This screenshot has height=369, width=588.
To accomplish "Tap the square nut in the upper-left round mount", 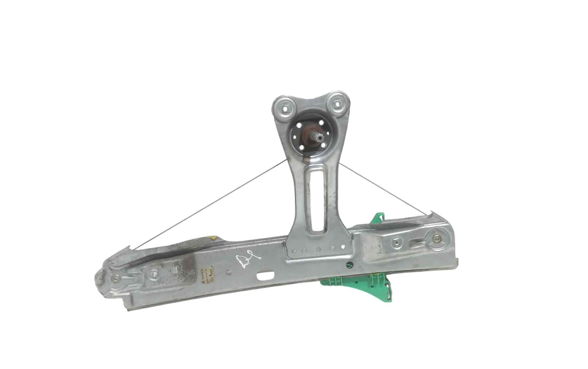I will click(x=284, y=108).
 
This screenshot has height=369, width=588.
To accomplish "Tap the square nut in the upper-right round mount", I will click(x=336, y=103).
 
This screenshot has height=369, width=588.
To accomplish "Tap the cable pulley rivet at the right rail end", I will click(x=435, y=240).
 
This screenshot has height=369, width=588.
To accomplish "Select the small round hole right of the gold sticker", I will click(x=228, y=272).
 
